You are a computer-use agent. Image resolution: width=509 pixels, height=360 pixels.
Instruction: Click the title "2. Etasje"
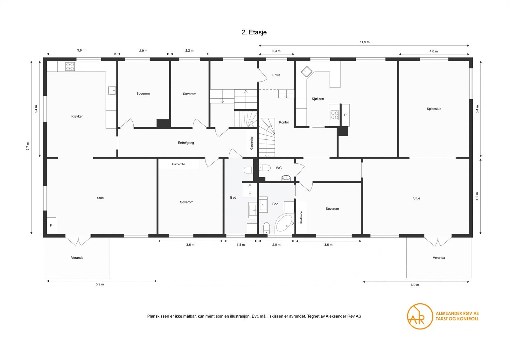click(254, 32)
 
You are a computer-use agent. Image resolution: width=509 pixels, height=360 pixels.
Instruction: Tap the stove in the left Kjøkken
click(70, 67)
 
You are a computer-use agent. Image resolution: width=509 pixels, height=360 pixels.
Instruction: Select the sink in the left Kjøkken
click(112, 90)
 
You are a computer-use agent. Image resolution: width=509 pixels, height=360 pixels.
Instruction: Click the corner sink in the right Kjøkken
click(306, 72)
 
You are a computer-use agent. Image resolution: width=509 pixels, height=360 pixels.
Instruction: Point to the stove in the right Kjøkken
click(335, 115)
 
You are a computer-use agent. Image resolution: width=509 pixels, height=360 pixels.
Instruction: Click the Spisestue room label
click(434, 109)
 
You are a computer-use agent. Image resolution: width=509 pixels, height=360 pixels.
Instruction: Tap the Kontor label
click(284, 122)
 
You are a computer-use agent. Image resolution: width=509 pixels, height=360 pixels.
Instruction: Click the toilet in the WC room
click(264, 167)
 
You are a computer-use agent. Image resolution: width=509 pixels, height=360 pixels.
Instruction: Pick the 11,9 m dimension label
click(365, 42)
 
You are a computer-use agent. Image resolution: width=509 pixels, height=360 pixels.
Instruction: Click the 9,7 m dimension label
click(28, 146)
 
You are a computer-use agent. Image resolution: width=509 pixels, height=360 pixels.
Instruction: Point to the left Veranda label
click(77, 258)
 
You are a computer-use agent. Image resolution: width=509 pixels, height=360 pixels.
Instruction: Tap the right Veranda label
click(439, 258)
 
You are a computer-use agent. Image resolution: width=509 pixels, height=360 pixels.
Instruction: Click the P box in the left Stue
click(51, 225)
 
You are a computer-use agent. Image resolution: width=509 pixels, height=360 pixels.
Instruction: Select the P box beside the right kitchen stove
click(345, 115)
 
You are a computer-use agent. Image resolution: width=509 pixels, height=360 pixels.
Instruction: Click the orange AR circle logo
click(420, 316)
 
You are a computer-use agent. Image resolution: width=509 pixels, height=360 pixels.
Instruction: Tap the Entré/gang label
click(186, 143)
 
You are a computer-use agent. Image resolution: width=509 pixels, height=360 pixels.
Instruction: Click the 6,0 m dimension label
click(415, 285)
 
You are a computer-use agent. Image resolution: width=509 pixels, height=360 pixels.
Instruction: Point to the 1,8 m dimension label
click(241, 245)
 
